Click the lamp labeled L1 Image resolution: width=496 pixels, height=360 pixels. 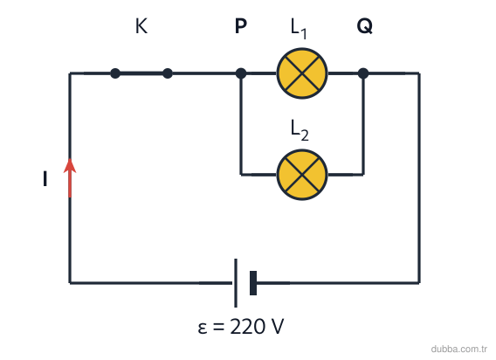tap(302, 73)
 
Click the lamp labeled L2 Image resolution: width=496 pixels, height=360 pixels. tap(302, 175)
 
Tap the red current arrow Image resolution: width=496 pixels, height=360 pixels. tap(70, 177)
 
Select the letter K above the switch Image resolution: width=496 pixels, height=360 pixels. tap(141, 26)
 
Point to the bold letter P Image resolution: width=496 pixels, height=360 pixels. tap(241, 26)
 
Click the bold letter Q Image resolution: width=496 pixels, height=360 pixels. tap(365, 26)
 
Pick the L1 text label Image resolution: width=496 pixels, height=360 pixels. tap(299, 29)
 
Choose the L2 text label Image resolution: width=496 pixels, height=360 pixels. tap(300, 130)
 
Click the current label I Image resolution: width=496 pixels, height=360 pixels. tap(45, 178)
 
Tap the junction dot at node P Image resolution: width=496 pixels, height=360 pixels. tap(241, 73)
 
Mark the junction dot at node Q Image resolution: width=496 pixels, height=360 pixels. tap(363, 73)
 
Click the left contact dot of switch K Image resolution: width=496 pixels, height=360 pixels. tap(115, 73)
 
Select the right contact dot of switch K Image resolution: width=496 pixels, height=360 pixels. tap(168, 73)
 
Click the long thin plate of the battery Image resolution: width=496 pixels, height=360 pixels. tap(236, 283)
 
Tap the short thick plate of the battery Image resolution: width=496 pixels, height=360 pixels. tap(253, 283)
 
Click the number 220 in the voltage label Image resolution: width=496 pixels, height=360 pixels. tap(247, 327)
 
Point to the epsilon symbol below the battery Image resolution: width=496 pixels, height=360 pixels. tap(203, 329)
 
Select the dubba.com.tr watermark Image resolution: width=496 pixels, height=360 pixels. tap(459, 349)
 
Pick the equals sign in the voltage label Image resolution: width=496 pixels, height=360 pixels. tap(218, 328)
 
